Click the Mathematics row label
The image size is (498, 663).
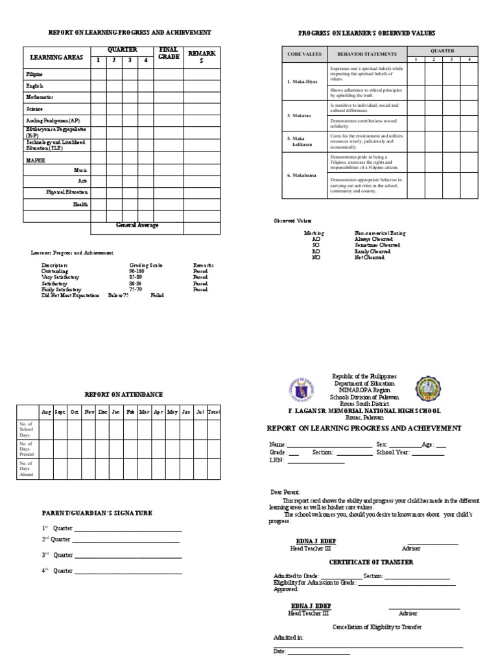[x=40, y=97]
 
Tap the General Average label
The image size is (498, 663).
[x=137, y=225]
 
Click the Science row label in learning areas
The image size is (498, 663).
[x=34, y=109]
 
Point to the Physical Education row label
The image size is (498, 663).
[x=67, y=192]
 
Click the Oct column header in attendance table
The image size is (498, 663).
[x=75, y=412]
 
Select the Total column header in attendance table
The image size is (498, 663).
[x=214, y=412]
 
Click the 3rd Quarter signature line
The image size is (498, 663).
[x=127, y=556]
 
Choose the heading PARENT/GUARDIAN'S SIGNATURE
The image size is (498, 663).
[x=97, y=513]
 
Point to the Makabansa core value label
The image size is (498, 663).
[x=303, y=175]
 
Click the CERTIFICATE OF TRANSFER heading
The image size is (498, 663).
[x=370, y=562]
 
